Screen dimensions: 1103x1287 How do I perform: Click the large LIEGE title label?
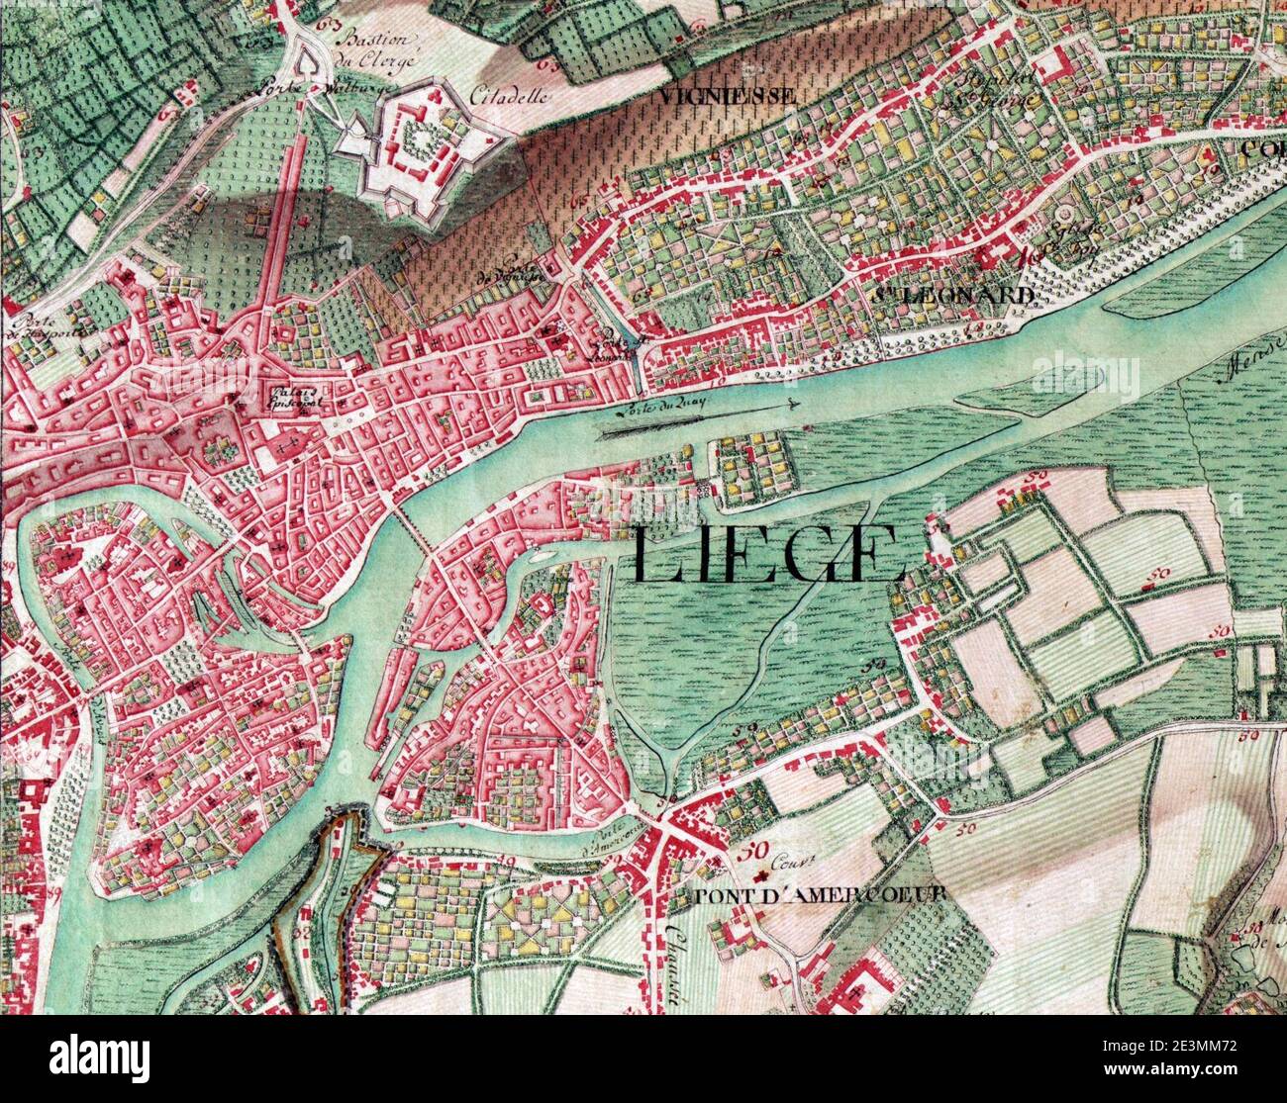(767, 555)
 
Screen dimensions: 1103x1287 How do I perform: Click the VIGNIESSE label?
(726, 96)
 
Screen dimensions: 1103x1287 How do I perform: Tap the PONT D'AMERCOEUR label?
(821, 894)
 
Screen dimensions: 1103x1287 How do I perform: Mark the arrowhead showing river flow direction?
(791, 404)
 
